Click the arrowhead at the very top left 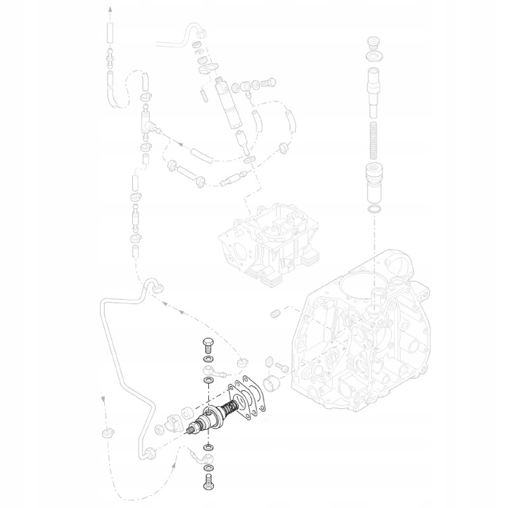click(x=109, y=9)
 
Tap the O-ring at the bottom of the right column click(x=375, y=209)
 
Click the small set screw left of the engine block click(x=275, y=313)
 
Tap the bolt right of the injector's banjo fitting click(x=267, y=83)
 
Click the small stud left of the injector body click(x=203, y=95)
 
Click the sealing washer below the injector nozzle click(x=251, y=158)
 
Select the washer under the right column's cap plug click(x=374, y=58)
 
